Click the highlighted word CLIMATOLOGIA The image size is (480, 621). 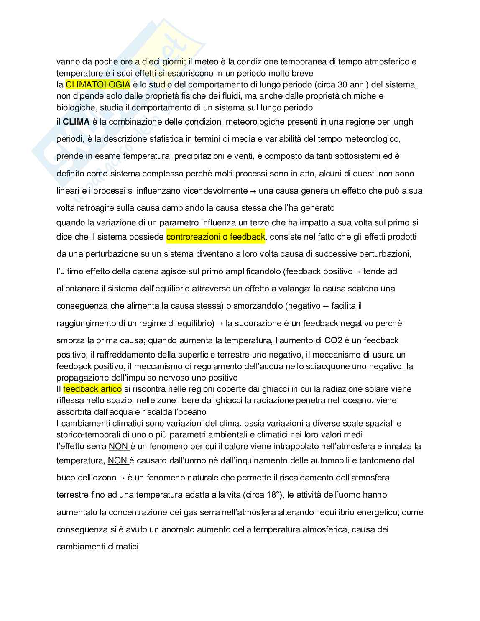(98, 84)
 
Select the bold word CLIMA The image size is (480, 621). (76, 122)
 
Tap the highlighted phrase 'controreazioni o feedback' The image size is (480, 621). (216, 237)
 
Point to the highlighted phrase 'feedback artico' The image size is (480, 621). (92, 389)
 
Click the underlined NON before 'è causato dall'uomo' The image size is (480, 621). (117, 460)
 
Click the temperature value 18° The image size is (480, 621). (272, 495)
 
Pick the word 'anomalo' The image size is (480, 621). (167, 529)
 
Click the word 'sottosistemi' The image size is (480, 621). (358, 156)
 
